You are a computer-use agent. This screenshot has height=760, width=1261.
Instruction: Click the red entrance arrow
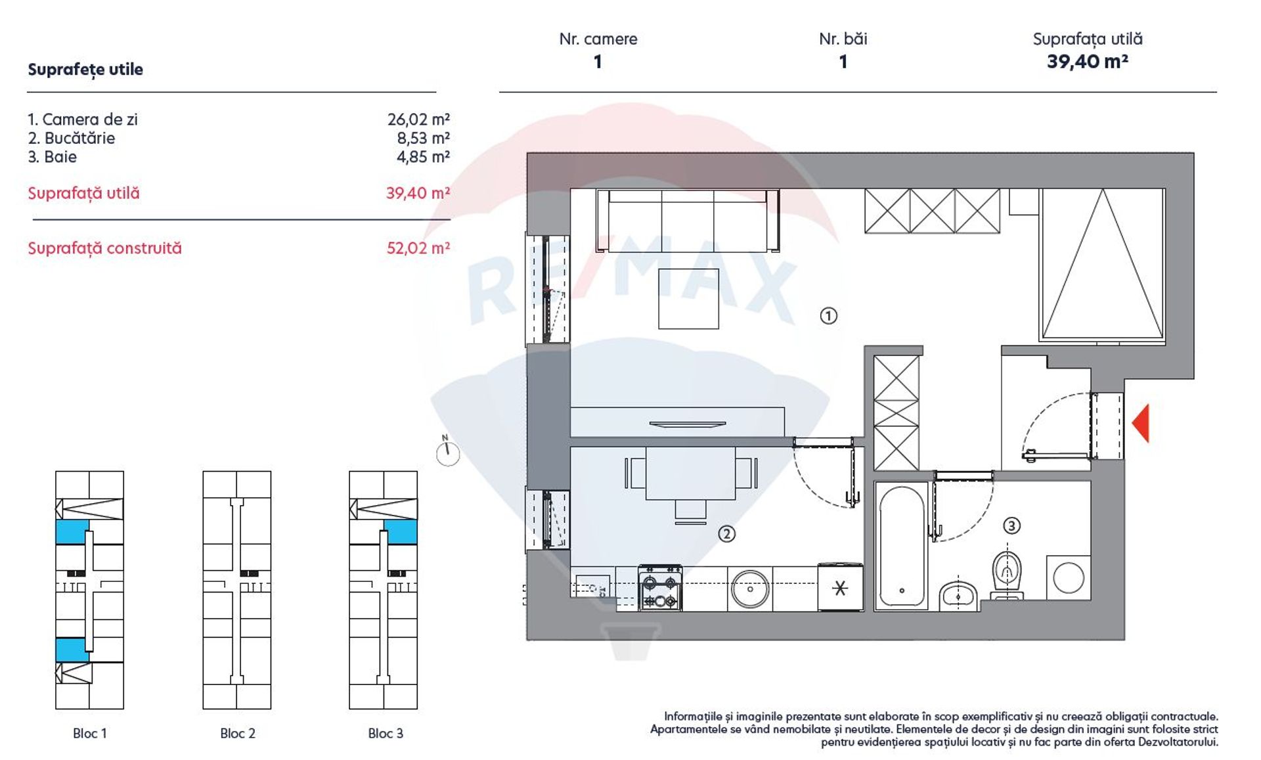(1141, 423)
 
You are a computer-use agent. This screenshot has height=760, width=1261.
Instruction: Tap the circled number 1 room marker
(828, 316)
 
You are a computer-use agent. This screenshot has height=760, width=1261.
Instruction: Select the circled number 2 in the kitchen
(726, 534)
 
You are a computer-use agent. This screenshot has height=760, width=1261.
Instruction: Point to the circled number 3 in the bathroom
(1011, 525)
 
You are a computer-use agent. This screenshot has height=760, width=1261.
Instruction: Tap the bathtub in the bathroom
(901, 546)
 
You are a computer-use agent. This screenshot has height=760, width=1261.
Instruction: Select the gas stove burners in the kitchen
(660, 589)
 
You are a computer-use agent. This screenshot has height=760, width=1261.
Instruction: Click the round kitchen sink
(749, 589)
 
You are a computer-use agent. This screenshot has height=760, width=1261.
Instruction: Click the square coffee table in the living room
(688, 299)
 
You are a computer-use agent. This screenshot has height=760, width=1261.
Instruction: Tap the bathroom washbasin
(958, 594)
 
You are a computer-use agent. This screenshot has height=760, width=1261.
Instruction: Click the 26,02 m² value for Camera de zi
(418, 120)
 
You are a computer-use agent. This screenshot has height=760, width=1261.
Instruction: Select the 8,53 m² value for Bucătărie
(423, 138)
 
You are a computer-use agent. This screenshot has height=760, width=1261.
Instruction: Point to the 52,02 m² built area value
(418, 248)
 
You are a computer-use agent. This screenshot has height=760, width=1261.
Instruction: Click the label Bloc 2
(238, 733)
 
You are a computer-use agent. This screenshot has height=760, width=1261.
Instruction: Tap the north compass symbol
(448, 451)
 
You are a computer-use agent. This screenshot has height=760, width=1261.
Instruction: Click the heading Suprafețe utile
(85, 70)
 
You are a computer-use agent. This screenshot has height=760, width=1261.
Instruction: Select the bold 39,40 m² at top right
(1088, 62)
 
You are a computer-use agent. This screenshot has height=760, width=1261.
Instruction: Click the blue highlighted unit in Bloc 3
(401, 532)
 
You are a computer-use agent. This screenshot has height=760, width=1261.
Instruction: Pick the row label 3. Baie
(52, 157)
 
